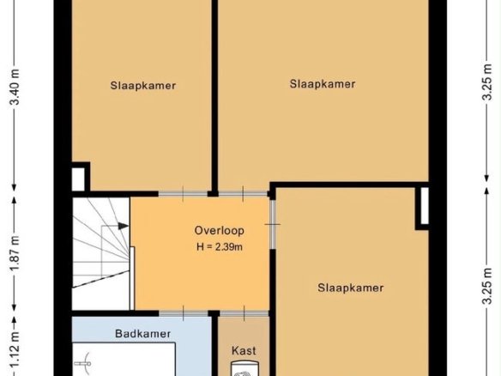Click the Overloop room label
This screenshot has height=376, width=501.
coord(220,231)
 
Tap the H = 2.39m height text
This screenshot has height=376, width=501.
coord(220,247)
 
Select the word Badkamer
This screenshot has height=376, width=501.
coord(142,334)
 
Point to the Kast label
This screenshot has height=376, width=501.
coord(244,351)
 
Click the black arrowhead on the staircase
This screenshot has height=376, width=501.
coord(124,226)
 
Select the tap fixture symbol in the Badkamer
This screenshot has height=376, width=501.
coord(84,363)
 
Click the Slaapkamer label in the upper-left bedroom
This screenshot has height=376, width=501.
coord(142,86)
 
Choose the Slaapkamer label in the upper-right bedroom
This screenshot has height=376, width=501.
coord(323,84)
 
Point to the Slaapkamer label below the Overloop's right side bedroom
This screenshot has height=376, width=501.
coord(351,288)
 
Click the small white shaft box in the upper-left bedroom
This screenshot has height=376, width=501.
coord(78,179)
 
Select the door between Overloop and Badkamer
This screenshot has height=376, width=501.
coord(184,313)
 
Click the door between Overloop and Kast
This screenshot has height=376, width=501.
coord(244,313)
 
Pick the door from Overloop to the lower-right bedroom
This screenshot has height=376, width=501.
coord(272,224)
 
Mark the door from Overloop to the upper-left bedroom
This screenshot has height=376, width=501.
coord(183,194)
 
